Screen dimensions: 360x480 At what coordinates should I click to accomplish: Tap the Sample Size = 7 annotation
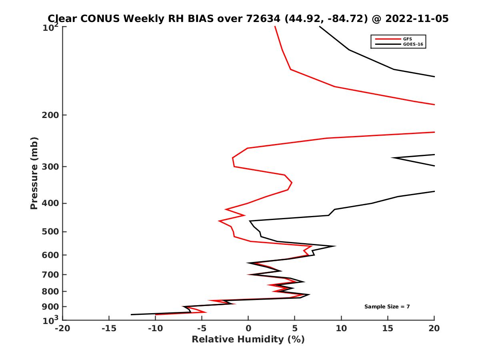(387, 307)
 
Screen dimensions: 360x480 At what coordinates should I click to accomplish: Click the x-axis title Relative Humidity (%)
(248, 340)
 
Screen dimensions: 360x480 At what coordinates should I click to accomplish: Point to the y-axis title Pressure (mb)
(34, 173)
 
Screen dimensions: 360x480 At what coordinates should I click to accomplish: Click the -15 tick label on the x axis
(109, 329)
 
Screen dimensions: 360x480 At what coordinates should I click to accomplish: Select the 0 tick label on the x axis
(248, 329)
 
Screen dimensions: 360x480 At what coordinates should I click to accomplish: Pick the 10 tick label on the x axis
(341, 329)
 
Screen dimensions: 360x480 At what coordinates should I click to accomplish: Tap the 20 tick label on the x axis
(434, 329)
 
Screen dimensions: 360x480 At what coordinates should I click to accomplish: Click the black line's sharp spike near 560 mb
(335, 246)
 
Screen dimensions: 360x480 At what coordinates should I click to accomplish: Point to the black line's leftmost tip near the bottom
(131, 314)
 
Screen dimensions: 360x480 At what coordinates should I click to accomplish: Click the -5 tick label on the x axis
(202, 329)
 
